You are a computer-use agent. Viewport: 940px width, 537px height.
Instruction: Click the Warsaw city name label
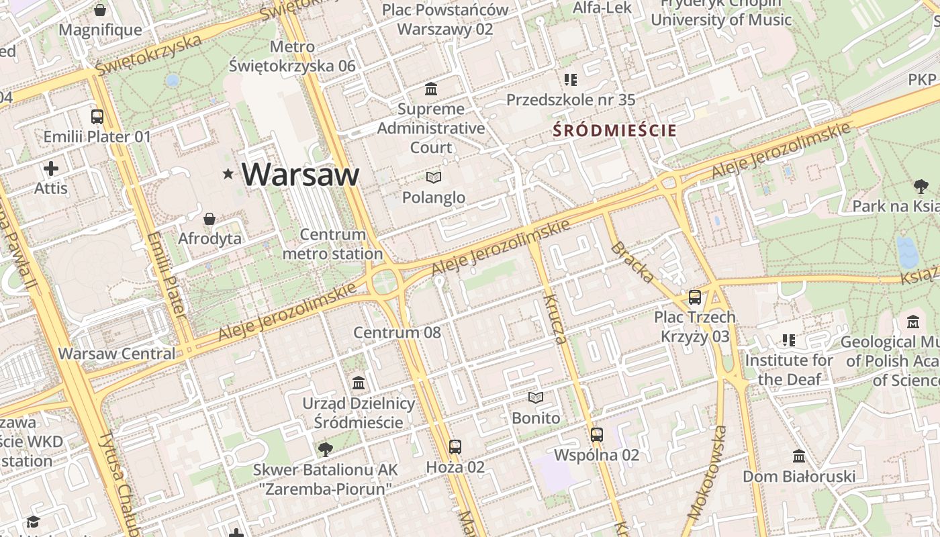(300, 175)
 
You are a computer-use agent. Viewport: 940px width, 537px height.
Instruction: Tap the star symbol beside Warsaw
(228, 175)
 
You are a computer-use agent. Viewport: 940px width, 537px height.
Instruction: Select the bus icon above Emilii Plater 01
(97, 117)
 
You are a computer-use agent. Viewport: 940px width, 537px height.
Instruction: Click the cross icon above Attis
(51, 168)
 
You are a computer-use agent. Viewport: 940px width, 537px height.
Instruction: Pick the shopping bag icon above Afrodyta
(209, 219)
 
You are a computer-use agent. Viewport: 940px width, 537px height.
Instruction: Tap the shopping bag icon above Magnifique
(100, 11)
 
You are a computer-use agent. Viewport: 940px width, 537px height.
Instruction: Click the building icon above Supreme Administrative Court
(431, 89)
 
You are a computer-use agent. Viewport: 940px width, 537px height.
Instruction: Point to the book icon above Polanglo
(434, 178)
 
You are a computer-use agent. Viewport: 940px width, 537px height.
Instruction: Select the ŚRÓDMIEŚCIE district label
(614, 131)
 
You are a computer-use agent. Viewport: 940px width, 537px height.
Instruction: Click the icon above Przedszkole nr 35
(571, 81)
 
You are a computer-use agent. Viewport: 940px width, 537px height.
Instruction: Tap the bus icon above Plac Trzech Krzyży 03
(695, 297)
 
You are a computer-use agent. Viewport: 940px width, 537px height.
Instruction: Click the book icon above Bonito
(535, 398)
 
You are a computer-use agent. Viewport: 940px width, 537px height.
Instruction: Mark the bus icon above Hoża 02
(455, 446)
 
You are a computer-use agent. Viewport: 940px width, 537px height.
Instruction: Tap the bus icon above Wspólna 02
(597, 435)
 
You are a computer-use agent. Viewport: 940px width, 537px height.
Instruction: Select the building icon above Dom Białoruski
(799, 456)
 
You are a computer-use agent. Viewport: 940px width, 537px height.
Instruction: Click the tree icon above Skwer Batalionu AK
(326, 449)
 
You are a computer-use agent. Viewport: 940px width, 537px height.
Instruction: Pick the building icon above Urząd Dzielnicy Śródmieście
(359, 383)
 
